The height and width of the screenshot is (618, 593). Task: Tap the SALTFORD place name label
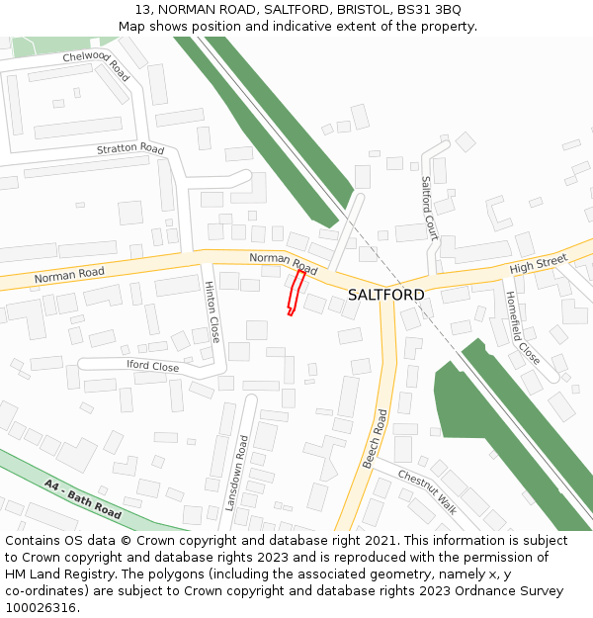click(x=385, y=295)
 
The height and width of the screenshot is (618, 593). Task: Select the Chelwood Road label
click(x=96, y=66)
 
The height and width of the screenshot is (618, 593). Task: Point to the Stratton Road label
click(x=130, y=149)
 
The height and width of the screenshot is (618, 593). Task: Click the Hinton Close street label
click(x=212, y=310)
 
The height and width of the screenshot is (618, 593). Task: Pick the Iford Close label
click(x=152, y=367)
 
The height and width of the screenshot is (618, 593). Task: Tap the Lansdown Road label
click(x=236, y=473)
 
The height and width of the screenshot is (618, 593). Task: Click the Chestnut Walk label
click(x=428, y=490)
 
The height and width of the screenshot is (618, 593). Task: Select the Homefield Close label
click(x=523, y=327)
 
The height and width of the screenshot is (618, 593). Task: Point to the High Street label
click(x=539, y=264)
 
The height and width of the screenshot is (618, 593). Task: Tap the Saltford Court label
click(x=429, y=209)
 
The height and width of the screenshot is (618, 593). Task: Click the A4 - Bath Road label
click(x=83, y=500)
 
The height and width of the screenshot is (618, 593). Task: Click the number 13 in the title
click(x=141, y=9)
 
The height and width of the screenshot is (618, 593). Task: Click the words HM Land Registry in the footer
click(x=59, y=574)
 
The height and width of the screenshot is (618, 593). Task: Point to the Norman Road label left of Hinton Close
click(x=69, y=274)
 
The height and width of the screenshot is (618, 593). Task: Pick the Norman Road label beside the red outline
click(x=284, y=263)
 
